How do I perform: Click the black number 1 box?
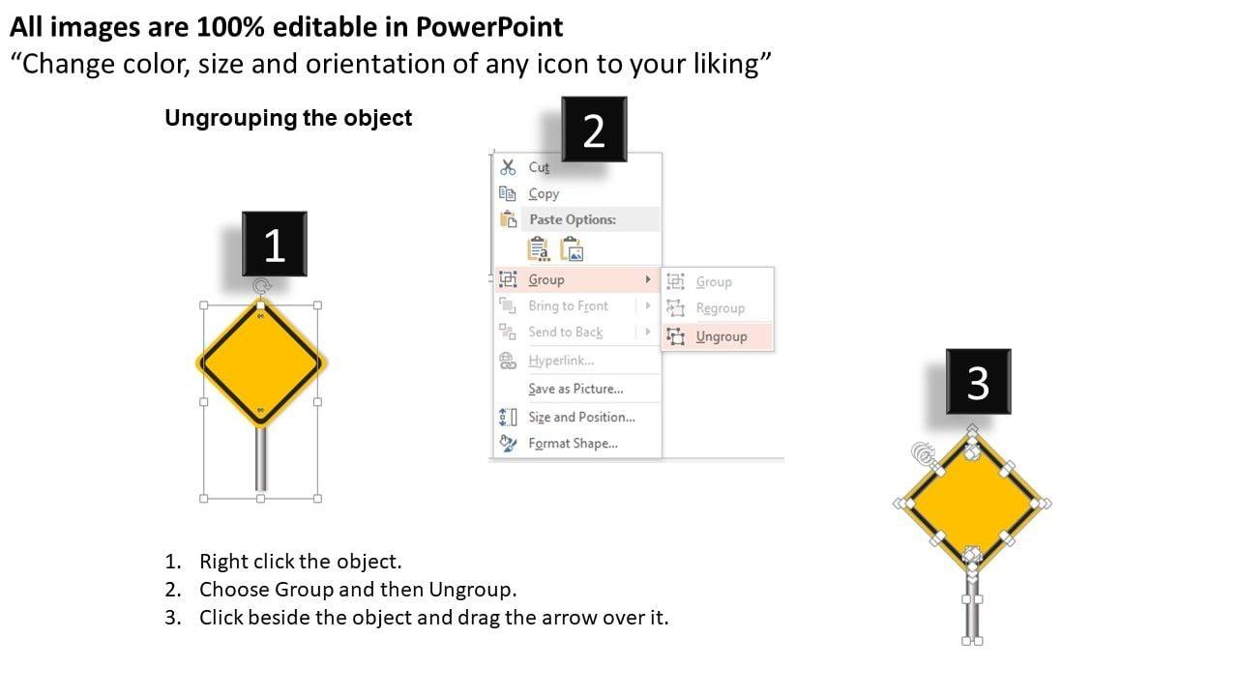(274, 244)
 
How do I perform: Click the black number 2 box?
(594, 130)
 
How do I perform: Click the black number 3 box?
(978, 381)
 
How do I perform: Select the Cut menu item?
(539, 167)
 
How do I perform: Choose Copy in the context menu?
(544, 194)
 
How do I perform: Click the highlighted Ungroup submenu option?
(722, 336)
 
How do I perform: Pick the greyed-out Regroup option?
(721, 308)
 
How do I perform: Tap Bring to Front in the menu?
(568, 306)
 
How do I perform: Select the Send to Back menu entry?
(566, 332)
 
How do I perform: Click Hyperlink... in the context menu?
(561, 361)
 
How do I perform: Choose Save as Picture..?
(575, 389)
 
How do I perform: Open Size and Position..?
(581, 417)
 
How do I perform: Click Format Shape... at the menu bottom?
(574, 444)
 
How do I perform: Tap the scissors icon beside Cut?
(508, 167)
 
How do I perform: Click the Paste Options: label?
(573, 219)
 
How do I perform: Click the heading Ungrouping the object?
(288, 118)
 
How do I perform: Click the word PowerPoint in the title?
(489, 27)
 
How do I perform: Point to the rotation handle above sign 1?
(261, 286)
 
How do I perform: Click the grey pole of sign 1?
(261, 458)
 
